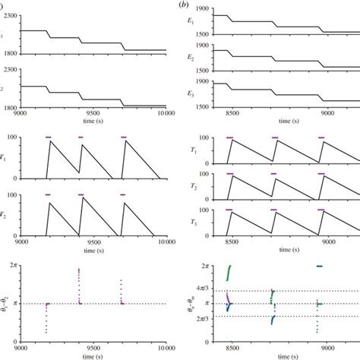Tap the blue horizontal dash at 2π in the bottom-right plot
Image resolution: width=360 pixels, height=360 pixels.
(319, 266)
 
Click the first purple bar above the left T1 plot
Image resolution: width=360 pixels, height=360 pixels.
(49, 137)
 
